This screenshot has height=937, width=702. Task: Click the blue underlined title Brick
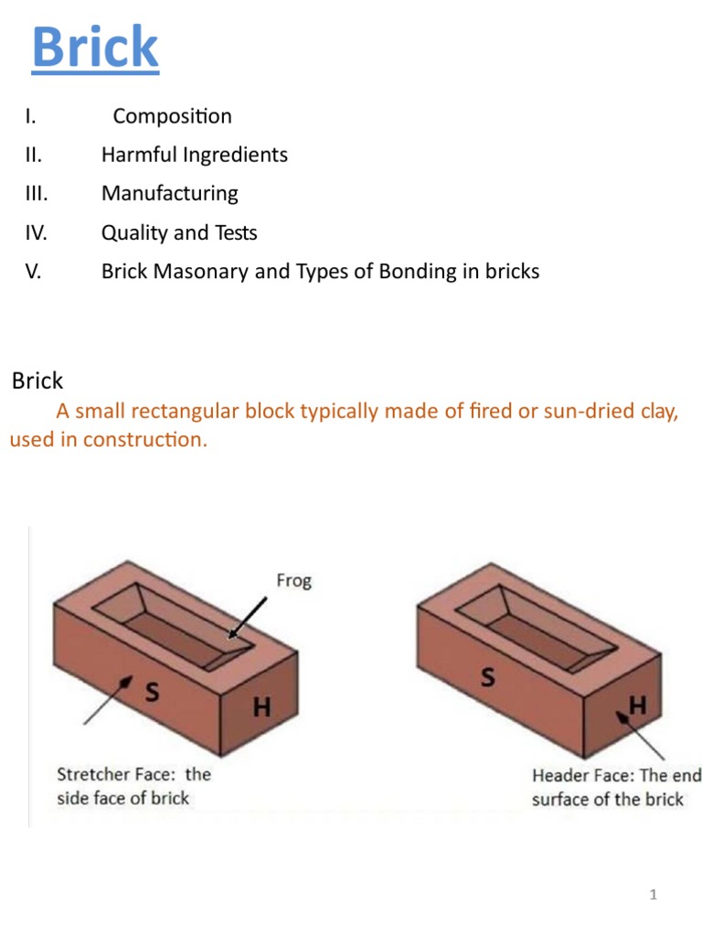coord(95,48)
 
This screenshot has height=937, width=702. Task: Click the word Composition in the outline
coord(172,116)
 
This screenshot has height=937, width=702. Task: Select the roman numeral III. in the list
coord(37,194)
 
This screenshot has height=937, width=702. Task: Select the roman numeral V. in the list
coord(34,272)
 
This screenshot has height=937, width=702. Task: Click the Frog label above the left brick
coord(293,581)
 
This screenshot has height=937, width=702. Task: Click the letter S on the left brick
coord(152,693)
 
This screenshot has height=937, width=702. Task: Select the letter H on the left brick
coord(261,707)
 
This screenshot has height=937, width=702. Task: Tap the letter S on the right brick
coord(488,678)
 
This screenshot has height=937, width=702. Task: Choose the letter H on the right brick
coord(637,705)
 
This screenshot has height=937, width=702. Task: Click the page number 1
coord(654,895)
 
